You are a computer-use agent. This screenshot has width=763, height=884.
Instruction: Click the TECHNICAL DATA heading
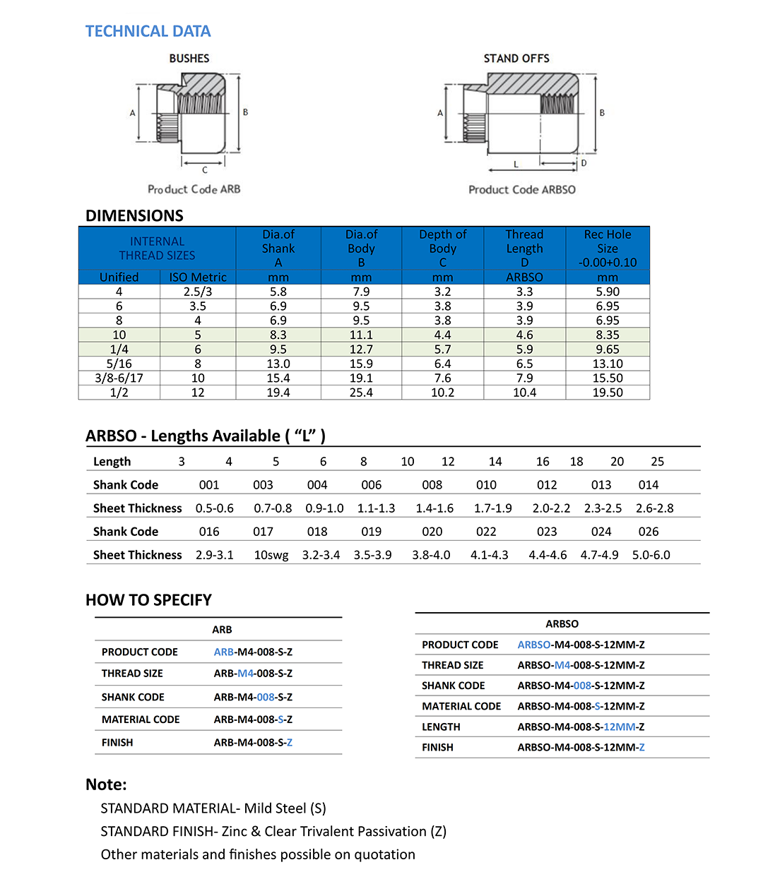point(148,31)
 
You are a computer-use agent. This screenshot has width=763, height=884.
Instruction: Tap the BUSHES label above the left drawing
point(189,59)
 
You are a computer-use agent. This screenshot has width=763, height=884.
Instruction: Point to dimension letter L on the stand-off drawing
point(516,164)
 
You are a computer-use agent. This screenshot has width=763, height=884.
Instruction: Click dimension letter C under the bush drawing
point(204,169)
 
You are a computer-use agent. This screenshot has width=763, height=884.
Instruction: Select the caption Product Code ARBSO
point(522,189)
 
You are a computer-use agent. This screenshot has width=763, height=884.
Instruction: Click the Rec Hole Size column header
point(608,248)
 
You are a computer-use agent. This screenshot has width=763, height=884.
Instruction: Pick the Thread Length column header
point(524,248)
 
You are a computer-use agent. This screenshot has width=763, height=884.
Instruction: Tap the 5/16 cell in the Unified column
point(119,364)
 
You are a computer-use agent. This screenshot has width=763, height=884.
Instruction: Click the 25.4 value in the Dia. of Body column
point(361,393)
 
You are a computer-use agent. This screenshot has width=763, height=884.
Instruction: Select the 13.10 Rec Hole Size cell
point(608,364)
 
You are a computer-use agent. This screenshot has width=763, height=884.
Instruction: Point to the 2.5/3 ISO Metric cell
point(198,292)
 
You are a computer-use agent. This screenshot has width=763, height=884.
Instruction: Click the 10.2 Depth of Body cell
point(442,393)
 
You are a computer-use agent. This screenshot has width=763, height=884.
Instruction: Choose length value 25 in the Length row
point(657,462)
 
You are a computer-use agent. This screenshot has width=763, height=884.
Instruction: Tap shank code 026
point(648,532)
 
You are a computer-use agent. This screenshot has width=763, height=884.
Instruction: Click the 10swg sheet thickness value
point(271,555)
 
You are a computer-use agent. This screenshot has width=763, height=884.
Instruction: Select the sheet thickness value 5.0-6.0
point(651,555)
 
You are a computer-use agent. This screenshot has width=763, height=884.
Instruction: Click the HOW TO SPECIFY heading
point(148,600)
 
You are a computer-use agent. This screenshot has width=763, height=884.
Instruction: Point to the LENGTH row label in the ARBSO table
point(441,727)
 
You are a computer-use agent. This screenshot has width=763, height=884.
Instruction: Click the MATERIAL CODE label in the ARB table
point(141,719)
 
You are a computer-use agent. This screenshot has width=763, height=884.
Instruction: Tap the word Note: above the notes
point(106,784)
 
